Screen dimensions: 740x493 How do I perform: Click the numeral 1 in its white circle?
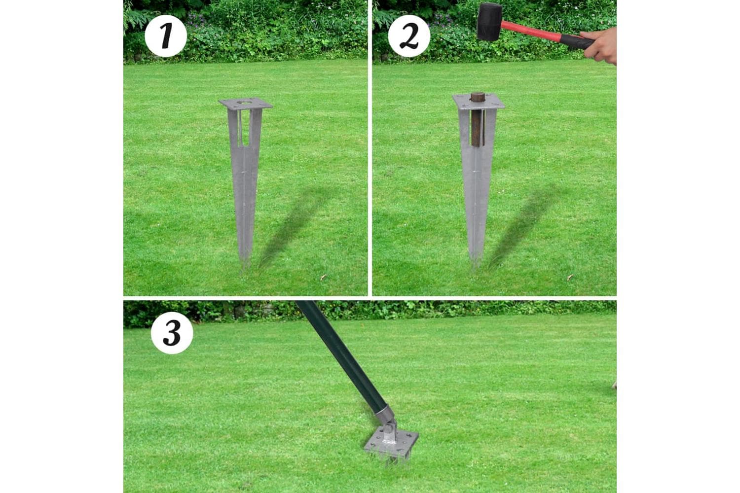(x=166, y=36)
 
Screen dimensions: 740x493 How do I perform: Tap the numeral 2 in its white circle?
(x=409, y=36)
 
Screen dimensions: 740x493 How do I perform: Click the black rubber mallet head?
(x=489, y=22)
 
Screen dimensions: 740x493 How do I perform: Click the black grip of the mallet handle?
(x=577, y=41)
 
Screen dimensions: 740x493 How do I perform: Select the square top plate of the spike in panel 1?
(x=246, y=104)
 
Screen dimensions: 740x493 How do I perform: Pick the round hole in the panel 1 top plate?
(x=244, y=103)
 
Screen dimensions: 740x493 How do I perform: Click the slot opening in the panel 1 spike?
(x=245, y=128)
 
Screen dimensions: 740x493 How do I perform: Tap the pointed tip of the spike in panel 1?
(x=245, y=264)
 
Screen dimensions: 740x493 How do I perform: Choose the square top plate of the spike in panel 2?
(x=479, y=102)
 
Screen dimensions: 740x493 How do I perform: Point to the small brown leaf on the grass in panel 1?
(x=323, y=278)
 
